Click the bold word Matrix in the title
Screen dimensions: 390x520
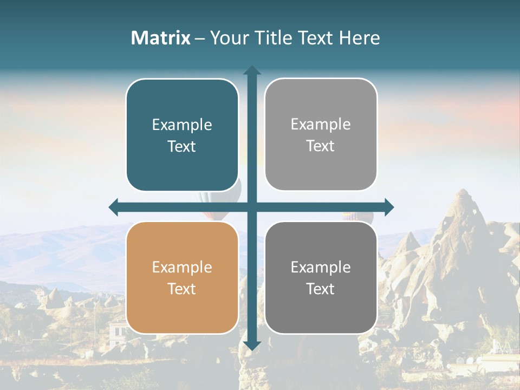coord(160,38)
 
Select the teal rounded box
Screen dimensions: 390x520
coord(182,135)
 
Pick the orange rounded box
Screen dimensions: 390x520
coord(182,277)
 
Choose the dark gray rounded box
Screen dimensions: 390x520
coord(321,277)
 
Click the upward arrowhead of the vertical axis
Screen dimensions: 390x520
coord(252,70)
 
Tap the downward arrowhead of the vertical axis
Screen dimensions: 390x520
coord(252,345)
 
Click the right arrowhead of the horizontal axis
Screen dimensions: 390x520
coord(389,207)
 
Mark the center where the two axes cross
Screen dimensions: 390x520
coord(252,207)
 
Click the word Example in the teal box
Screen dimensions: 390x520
coord(182,125)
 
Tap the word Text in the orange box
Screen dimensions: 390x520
coord(182,289)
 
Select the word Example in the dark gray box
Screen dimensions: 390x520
coord(321,267)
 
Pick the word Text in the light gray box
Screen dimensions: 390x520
coord(321,146)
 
